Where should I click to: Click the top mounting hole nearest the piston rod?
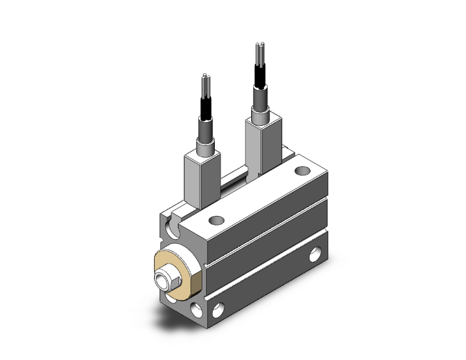point(217,220)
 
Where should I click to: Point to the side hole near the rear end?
point(315,255)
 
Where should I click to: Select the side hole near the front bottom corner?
point(219,309)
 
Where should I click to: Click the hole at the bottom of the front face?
point(198,307)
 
